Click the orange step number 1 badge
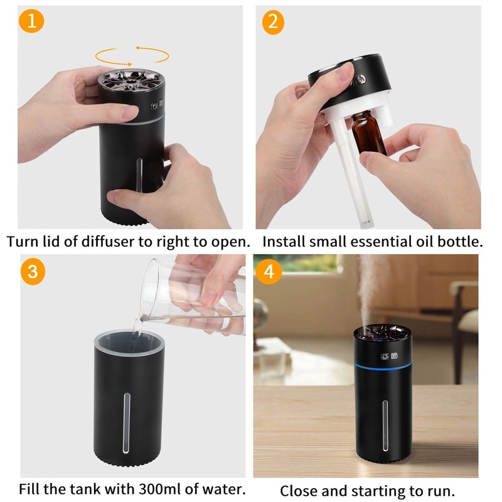coord(31,22)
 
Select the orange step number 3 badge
coord(31,272)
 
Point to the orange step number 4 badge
coord(269,272)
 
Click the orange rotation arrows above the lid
coord(132,55)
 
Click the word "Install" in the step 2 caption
coord(283,241)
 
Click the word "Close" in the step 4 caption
coord(297,490)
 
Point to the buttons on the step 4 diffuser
coord(389,356)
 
